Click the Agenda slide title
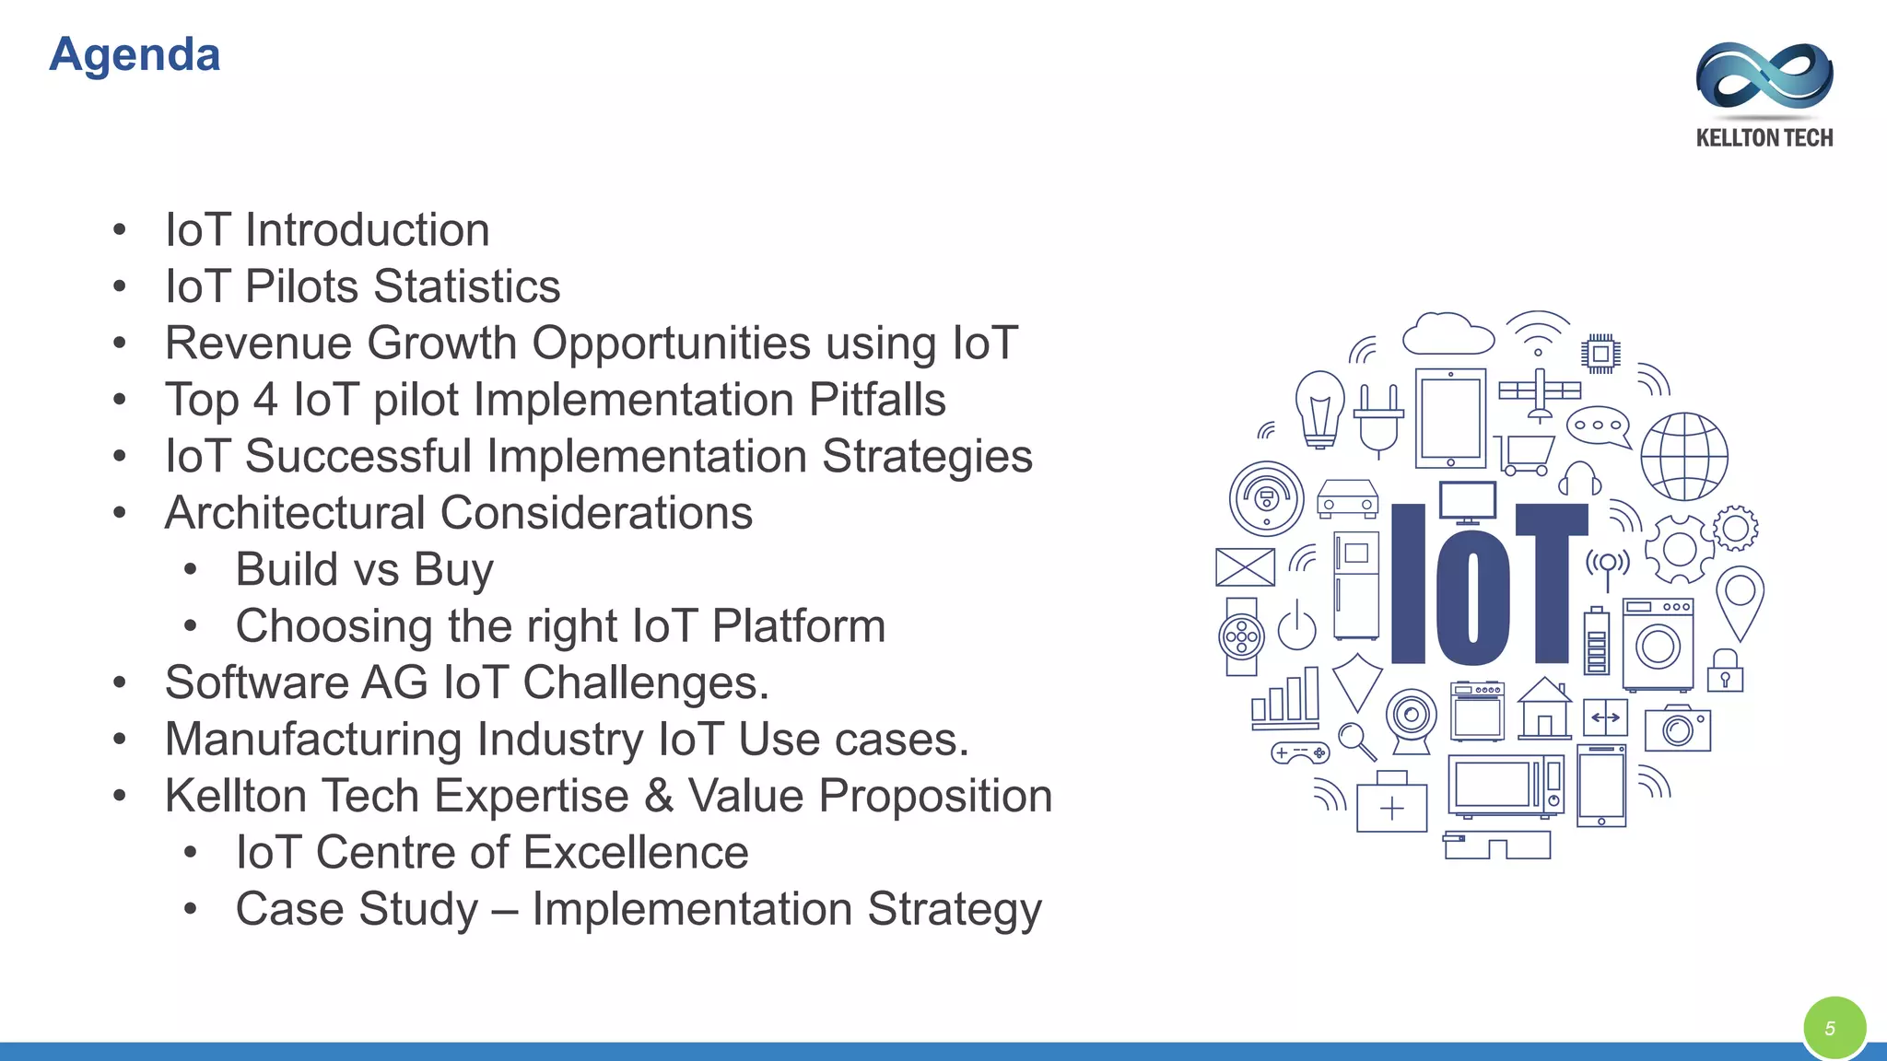(x=135, y=54)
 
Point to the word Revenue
(x=258, y=344)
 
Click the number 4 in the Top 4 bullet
(x=265, y=400)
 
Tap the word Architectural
(x=295, y=513)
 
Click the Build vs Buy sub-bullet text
(x=364, y=569)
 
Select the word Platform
(x=798, y=626)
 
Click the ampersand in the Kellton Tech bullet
(x=659, y=796)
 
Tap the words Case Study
(x=357, y=909)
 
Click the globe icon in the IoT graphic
(x=1684, y=456)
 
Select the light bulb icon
(x=1319, y=408)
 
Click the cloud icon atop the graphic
(x=1447, y=334)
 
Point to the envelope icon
(x=1245, y=567)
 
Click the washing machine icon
(x=1658, y=644)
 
